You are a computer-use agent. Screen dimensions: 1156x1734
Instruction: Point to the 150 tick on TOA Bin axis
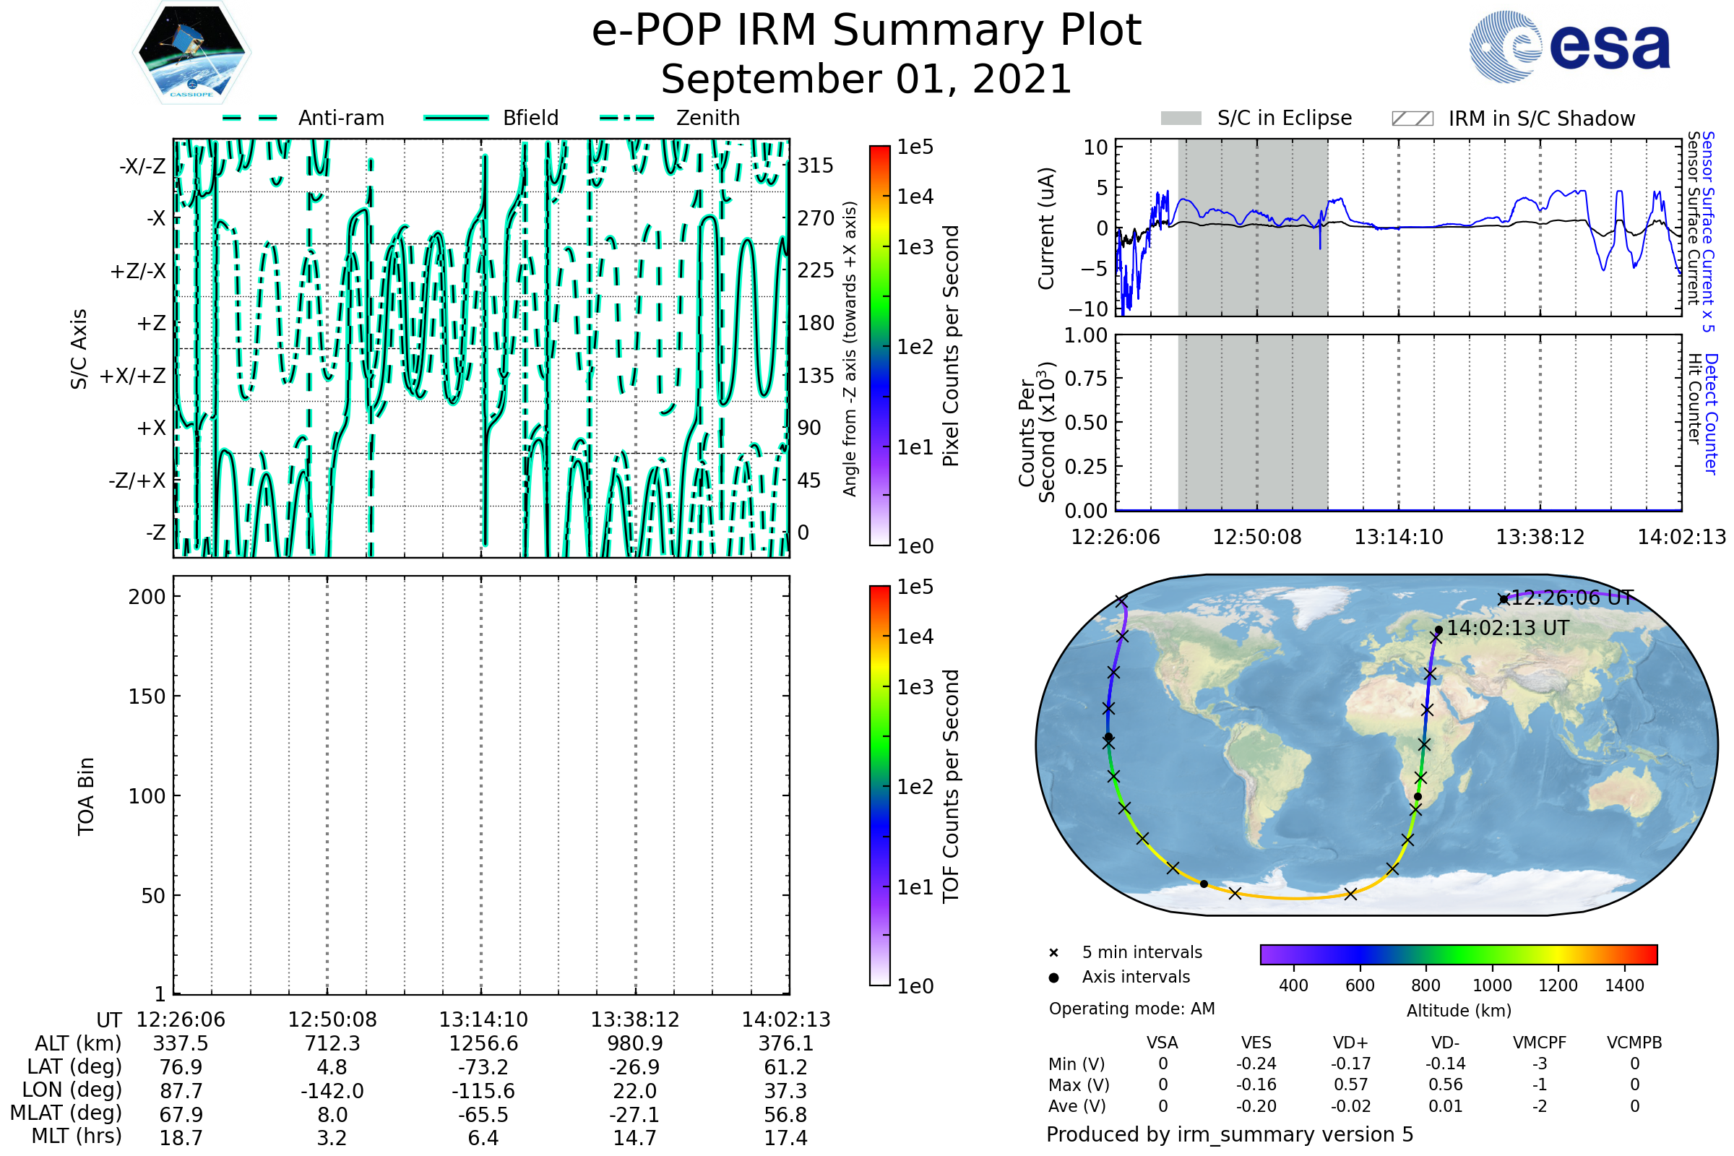coord(147,696)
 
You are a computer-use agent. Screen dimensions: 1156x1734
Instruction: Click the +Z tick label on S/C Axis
coord(151,324)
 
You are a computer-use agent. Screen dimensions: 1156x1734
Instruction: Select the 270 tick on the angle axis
coord(816,218)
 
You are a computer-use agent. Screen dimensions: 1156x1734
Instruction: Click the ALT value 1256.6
coord(483,1044)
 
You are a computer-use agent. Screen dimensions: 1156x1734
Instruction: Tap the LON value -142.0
coord(332,1091)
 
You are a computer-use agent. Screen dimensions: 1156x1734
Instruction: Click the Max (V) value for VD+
coord(1350,1085)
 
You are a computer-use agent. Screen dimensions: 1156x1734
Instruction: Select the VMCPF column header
coord(1540,1043)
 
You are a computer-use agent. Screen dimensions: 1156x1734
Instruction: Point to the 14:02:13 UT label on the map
coord(1508,628)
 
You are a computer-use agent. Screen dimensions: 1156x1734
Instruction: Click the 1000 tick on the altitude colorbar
coord(1492,985)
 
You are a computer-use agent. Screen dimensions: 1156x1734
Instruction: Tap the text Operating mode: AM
coord(1131,1009)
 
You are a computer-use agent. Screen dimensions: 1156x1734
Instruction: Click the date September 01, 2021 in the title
coord(866,79)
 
